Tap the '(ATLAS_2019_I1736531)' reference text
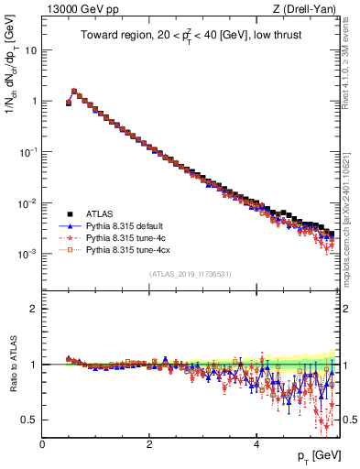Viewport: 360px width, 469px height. point(189,274)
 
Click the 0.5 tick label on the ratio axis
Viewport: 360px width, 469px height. point(30,420)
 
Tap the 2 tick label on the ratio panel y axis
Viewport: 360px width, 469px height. point(34,309)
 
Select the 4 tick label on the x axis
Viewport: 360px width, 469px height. point(256,444)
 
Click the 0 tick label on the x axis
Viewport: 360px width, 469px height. point(42,444)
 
